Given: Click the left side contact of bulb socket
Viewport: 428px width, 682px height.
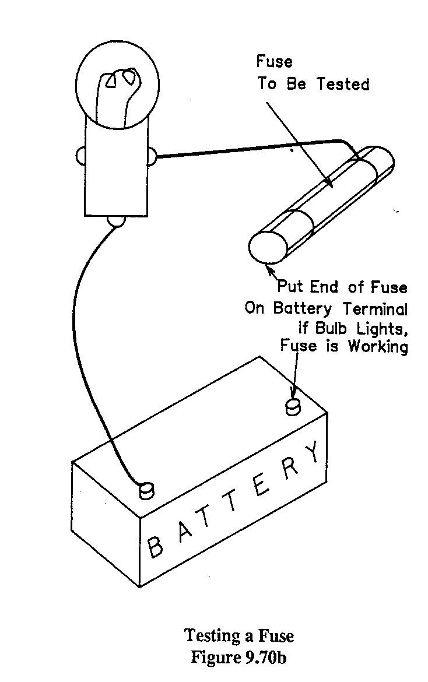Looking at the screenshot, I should tap(80, 156).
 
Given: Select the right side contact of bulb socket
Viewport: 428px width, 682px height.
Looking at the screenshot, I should tap(152, 156).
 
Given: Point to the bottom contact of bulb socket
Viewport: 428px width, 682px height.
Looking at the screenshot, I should tap(116, 220).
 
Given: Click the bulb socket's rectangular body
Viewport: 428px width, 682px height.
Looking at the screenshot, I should tap(116, 169).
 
